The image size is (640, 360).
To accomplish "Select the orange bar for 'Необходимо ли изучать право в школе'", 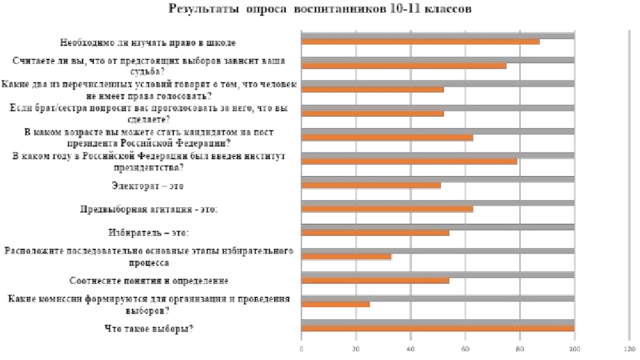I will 420,42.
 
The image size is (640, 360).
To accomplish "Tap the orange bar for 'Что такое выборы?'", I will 438,328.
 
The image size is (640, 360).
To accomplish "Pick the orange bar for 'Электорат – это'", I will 370,185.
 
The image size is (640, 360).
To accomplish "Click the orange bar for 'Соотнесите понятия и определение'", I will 374,281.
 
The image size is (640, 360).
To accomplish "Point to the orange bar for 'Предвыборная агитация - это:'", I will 387,209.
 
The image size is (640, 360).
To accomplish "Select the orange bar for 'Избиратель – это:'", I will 374,233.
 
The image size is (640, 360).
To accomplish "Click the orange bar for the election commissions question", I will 335,304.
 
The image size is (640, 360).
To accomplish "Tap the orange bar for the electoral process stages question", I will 346,257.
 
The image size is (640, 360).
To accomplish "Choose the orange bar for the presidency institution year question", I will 409,161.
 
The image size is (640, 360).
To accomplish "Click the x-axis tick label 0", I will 302,350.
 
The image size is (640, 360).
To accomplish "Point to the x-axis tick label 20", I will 356,350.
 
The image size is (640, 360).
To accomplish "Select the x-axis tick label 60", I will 465,350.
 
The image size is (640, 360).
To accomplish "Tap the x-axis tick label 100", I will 574,350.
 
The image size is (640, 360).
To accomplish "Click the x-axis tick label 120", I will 629,350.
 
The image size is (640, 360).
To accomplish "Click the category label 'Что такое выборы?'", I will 150,328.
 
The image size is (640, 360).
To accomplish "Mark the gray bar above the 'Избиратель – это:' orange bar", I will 438,226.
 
